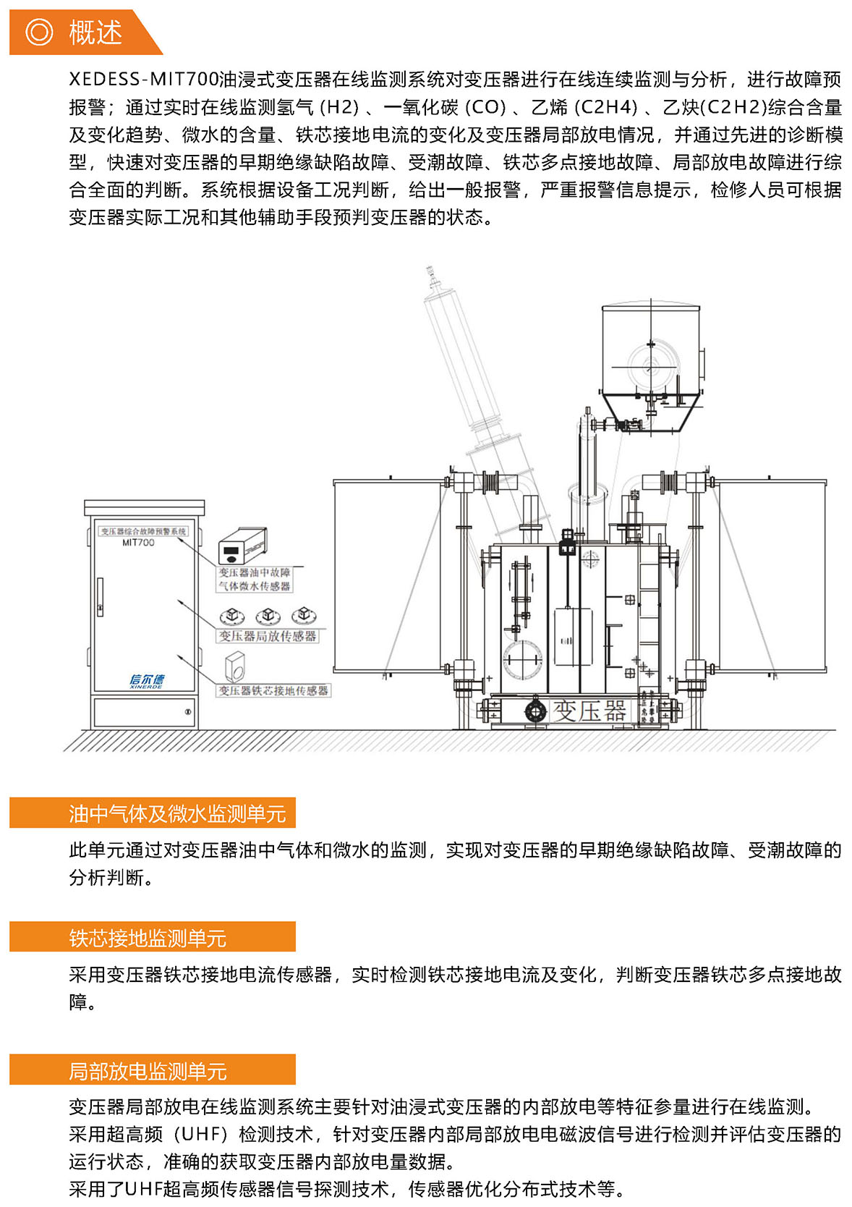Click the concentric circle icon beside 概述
point(39,33)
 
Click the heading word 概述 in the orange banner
point(95,33)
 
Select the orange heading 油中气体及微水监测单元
point(177,814)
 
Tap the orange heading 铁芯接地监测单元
point(148,939)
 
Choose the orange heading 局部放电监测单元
point(148,1071)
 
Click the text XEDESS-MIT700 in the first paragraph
point(144,80)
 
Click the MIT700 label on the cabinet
point(138,543)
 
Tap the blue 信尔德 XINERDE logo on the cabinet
point(147,680)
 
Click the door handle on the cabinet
point(100,597)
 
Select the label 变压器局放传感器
point(268,636)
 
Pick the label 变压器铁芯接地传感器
point(273,691)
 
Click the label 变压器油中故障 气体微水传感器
point(255,580)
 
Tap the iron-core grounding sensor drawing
point(235,666)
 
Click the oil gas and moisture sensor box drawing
point(242,546)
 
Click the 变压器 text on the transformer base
point(589,711)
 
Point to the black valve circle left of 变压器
point(534,711)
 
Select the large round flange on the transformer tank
point(522,659)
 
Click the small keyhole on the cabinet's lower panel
point(188,712)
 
